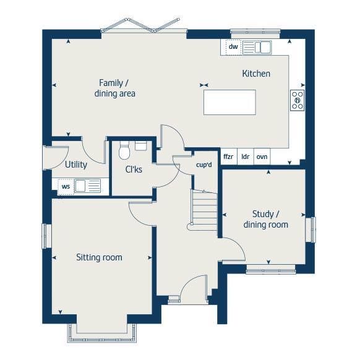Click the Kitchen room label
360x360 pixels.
(x=255, y=74)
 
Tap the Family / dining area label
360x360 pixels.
(x=114, y=88)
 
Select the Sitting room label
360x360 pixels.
(x=99, y=257)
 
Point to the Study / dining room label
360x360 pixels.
(x=265, y=219)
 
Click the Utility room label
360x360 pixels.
(x=76, y=165)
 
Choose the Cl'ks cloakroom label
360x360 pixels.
(x=134, y=168)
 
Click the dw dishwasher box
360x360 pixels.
(x=233, y=47)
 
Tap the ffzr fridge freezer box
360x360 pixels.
(x=228, y=156)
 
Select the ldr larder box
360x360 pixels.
(x=245, y=156)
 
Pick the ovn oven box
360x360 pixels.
(x=262, y=156)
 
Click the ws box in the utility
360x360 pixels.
(x=66, y=186)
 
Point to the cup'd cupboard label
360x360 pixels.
(x=204, y=165)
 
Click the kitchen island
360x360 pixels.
(x=229, y=102)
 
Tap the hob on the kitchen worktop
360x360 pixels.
(x=297, y=100)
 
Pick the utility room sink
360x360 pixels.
(x=87, y=186)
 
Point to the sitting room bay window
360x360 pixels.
(x=104, y=334)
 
